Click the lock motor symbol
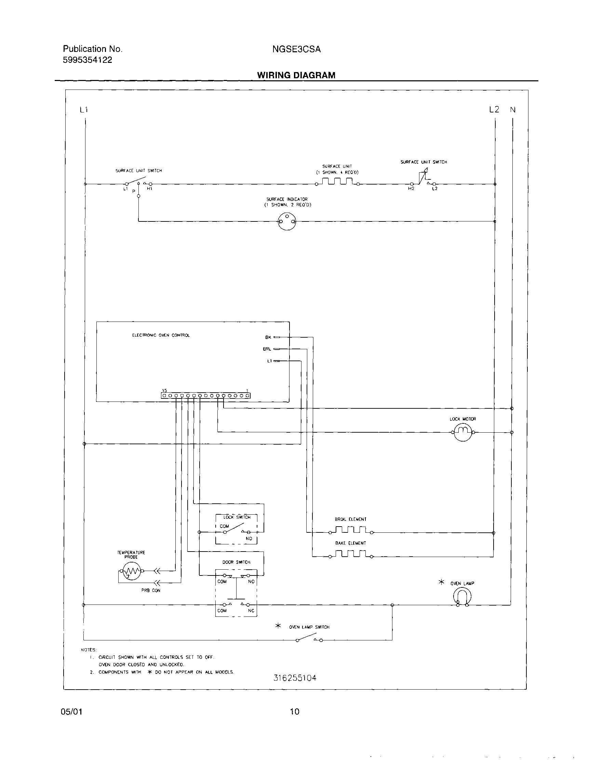tap(462, 432)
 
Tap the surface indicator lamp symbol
tap(287, 221)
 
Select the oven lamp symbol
tap(462, 597)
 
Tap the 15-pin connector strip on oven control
tap(205, 396)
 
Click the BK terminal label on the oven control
tap(268, 337)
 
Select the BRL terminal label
tap(267, 349)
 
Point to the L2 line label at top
tap(494, 110)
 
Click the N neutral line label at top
tap(512, 110)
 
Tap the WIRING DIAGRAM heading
tap(296, 75)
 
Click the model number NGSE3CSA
tap(296, 50)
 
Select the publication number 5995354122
tap(88, 60)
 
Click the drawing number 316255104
tap(295, 678)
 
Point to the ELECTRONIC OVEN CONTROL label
tap(161, 336)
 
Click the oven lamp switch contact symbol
tap(309, 639)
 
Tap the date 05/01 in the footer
tap(71, 711)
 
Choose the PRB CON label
tap(151, 591)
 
